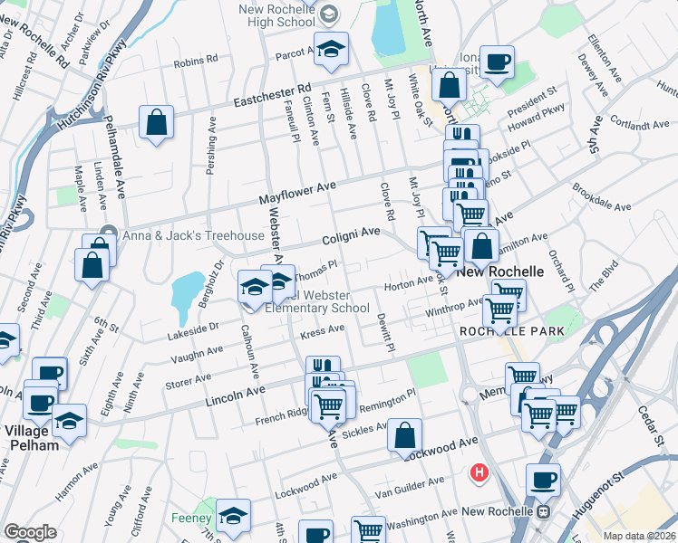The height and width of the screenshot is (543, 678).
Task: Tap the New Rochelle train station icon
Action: click(543, 512)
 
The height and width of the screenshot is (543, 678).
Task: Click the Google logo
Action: click(30, 532)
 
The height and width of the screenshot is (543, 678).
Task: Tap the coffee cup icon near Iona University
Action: click(497, 62)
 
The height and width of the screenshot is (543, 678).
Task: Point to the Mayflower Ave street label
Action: click(297, 191)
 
